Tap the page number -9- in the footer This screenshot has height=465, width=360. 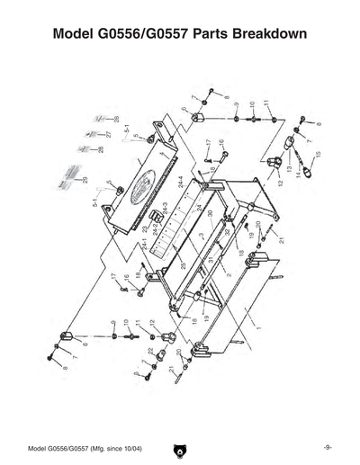(328, 447)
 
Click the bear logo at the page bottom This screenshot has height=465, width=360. (180, 447)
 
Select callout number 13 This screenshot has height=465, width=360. (289, 168)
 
